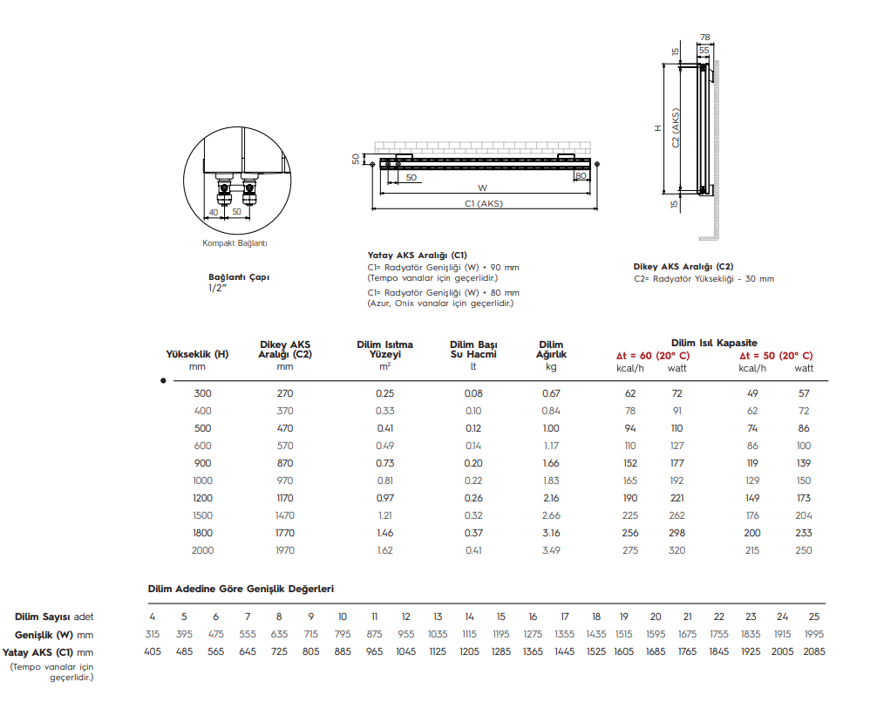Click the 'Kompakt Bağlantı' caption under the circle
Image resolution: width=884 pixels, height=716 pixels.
point(235,242)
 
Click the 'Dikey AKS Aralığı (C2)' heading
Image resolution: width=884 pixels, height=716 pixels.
point(683,267)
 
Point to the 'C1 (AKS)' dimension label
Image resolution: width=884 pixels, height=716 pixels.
point(484,203)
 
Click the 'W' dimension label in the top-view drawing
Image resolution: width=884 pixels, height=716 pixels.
point(482,188)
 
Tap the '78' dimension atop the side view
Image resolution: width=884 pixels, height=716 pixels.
point(705,38)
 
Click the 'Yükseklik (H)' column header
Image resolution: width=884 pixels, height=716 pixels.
point(197,354)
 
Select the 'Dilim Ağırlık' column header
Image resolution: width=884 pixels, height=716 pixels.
point(551,350)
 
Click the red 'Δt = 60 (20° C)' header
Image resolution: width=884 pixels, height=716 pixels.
point(653,356)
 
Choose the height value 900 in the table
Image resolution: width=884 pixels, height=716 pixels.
point(202,463)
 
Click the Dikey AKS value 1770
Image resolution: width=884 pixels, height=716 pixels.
point(285,533)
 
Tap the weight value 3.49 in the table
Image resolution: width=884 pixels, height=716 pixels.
point(551,550)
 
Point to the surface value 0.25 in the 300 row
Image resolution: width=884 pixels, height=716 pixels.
point(384,393)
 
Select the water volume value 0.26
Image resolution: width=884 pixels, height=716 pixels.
point(473,498)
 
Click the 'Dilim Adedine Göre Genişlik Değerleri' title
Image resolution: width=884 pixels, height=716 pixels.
point(241,590)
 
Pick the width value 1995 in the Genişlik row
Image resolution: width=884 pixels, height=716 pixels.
point(813,634)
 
